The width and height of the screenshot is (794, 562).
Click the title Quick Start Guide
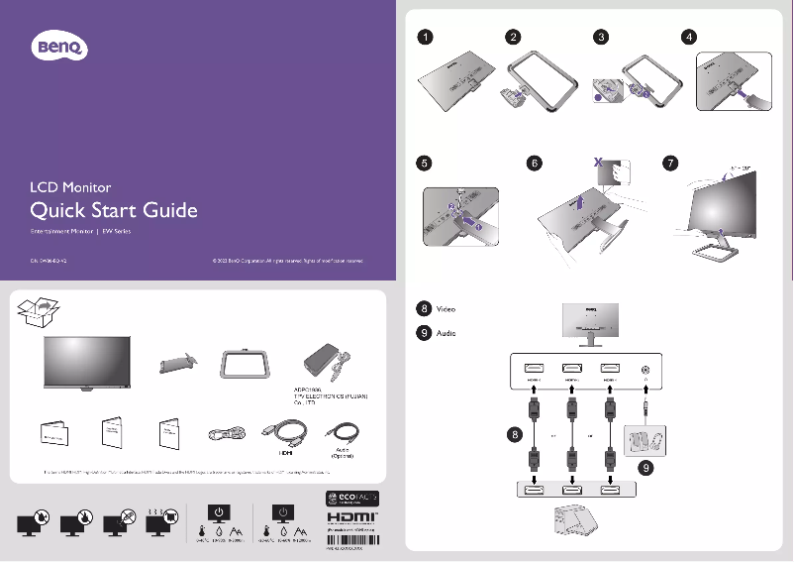(x=114, y=210)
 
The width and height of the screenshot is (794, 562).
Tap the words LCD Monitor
(x=70, y=186)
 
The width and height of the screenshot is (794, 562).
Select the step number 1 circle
(x=424, y=38)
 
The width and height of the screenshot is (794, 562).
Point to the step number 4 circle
(x=690, y=38)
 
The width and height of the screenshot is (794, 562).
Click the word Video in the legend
(x=446, y=309)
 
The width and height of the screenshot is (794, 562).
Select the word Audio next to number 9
(x=446, y=333)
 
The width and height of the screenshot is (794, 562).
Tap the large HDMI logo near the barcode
(x=349, y=518)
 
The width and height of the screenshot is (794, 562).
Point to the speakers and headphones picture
(x=647, y=438)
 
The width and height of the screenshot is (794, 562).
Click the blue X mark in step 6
(x=597, y=160)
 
